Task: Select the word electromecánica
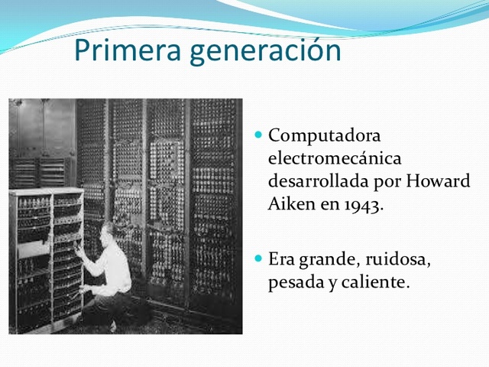click(335, 159)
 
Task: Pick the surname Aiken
click(288, 205)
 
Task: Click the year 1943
click(358, 205)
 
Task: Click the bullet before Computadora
click(258, 135)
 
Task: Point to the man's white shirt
click(115, 268)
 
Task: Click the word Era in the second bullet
click(282, 259)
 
